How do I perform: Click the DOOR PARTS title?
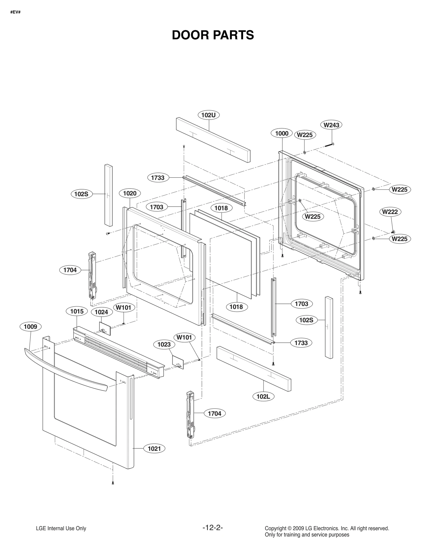tap(213, 35)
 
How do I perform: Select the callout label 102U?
tap(208, 115)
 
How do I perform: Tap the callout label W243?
tap(331, 125)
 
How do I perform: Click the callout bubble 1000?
tap(282, 133)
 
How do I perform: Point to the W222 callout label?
tap(390, 212)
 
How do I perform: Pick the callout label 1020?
tap(130, 193)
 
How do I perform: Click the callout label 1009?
tap(31, 327)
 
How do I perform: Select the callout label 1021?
tap(154, 449)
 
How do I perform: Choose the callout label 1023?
tap(164, 345)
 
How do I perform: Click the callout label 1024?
tap(101, 312)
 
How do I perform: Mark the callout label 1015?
tap(77, 311)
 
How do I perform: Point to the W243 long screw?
tap(329, 145)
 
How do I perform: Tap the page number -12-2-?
tap(213, 528)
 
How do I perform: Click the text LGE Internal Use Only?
tap(61, 529)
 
